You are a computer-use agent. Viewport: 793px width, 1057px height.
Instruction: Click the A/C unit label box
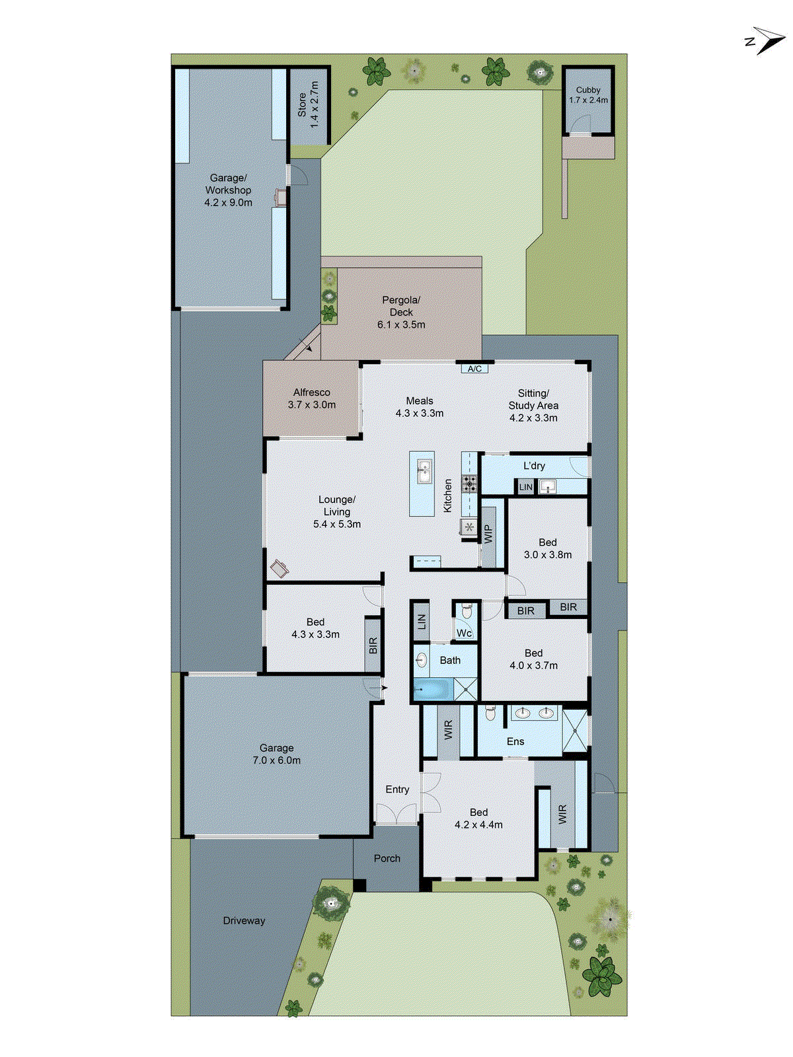click(474, 369)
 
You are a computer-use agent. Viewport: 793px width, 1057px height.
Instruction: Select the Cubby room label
click(588, 90)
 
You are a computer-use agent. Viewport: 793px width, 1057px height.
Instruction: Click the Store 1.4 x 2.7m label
click(308, 105)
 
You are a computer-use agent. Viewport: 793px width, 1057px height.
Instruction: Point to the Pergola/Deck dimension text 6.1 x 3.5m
click(401, 324)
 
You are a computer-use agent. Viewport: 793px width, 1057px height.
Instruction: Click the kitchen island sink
click(422, 472)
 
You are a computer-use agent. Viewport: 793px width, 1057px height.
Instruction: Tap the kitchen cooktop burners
click(470, 484)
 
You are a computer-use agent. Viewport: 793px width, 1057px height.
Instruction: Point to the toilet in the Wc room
click(467, 612)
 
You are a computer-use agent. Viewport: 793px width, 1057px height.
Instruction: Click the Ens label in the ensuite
click(515, 741)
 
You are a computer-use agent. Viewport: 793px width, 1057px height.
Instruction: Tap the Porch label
click(387, 858)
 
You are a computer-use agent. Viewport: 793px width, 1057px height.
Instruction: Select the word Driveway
click(244, 920)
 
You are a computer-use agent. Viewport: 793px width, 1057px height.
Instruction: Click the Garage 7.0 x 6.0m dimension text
click(276, 760)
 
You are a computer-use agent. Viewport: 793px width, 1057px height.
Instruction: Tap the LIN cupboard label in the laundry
click(525, 488)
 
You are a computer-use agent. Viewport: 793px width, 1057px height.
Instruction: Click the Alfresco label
click(311, 392)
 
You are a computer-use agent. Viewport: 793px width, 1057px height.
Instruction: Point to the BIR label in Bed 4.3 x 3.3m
click(373, 645)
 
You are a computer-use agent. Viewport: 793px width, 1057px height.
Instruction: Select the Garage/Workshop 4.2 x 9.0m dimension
click(228, 203)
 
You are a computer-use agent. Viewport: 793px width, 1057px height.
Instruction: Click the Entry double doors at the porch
click(397, 814)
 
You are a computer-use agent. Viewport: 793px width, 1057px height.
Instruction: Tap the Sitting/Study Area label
click(533, 399)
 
